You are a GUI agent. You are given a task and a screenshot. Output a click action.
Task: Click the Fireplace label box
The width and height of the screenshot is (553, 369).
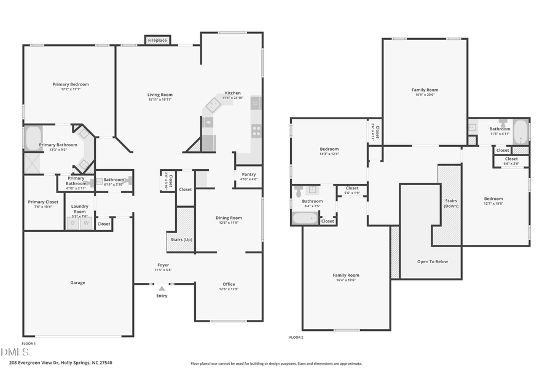point(157,41)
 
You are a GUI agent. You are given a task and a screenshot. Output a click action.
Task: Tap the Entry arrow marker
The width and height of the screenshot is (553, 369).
point(162,288)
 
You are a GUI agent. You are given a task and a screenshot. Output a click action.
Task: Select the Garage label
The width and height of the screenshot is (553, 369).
point(77,283)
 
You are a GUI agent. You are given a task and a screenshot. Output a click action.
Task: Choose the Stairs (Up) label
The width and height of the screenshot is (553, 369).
point(179,239)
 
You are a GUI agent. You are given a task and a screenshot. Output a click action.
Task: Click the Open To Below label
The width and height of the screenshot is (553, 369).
point(433,261)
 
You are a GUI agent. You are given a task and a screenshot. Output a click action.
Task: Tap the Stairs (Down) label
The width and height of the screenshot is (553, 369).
point(451,203)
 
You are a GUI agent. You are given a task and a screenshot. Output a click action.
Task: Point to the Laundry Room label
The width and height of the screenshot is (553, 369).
point(79,208)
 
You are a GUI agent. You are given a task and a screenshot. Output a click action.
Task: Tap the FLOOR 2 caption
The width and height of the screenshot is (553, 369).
point(296,337)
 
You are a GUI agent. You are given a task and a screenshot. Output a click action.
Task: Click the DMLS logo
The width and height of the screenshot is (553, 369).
point(15,352)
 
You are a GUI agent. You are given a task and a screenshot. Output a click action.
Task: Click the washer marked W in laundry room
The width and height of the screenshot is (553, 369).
point(87,223)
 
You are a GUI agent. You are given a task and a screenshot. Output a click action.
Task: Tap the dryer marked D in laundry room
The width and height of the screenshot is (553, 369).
point(73,223)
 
